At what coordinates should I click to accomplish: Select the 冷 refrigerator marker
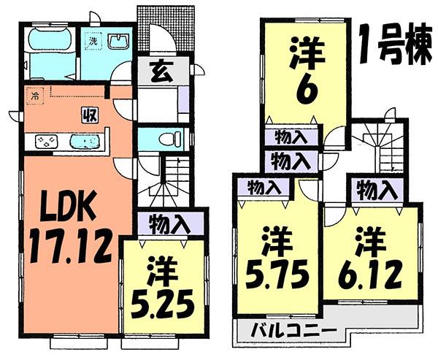click(34, 94)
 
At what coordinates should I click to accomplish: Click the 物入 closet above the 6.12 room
click(376, 191)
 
